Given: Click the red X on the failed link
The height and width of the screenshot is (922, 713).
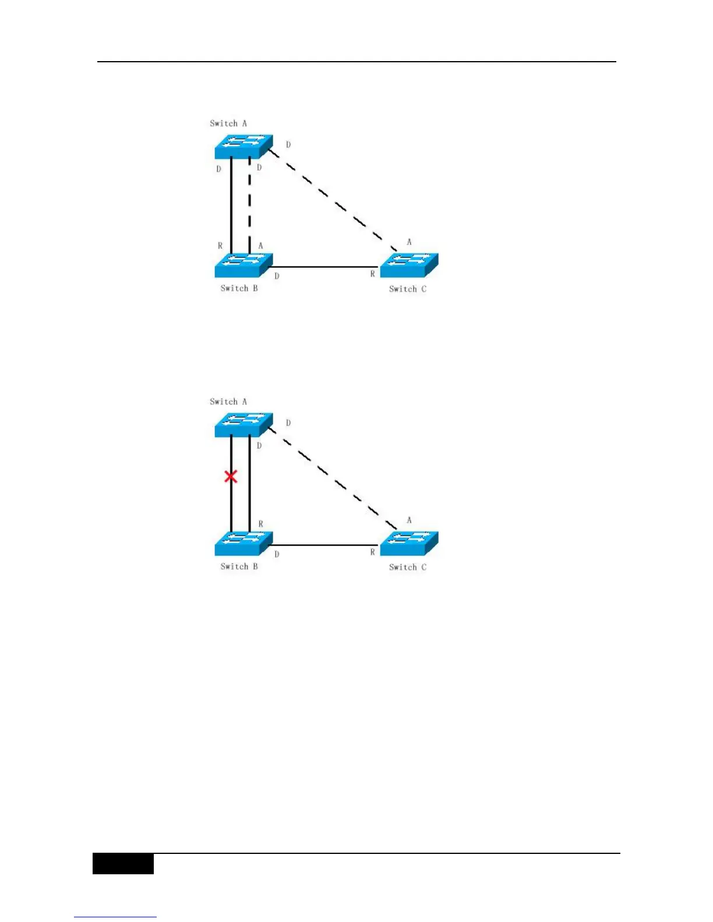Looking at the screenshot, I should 231,477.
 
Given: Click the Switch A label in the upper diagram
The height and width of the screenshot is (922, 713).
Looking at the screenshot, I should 228,123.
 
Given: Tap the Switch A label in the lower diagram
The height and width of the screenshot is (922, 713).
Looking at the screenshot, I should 228,402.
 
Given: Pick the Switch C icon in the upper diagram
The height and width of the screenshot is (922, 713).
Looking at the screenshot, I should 409,265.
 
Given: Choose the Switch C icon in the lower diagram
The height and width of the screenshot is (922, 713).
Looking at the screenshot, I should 409,544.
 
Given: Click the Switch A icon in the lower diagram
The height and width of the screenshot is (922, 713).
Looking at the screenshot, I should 243,425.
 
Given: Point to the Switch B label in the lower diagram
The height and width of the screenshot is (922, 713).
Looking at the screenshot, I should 239,566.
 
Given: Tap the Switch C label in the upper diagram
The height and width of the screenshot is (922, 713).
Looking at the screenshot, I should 408,289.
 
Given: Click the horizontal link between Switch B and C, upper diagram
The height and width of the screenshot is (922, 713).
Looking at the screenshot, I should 323,267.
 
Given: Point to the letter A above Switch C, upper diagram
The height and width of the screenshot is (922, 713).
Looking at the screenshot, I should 409,242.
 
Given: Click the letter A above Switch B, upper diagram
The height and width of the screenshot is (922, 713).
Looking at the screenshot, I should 260,246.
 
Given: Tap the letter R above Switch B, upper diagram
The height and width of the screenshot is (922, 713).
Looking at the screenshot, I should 220,246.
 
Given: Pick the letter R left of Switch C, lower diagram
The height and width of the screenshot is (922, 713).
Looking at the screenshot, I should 373,552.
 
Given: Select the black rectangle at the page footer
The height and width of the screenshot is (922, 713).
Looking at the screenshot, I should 123,864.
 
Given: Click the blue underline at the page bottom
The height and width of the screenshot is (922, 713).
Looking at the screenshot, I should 115,917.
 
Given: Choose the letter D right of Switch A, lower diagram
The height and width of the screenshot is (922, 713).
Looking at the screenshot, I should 288,423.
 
